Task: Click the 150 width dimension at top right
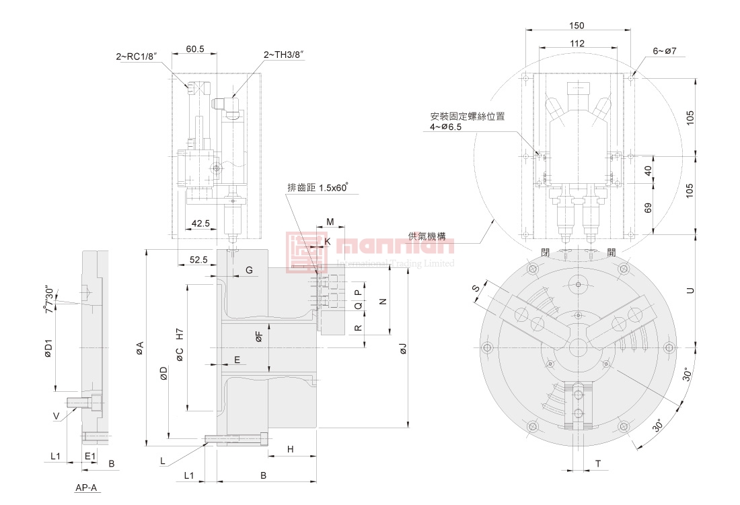pos(577,26)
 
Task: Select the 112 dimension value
pos(577,43)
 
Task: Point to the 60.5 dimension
pos(195,50)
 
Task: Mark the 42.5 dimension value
pos(200,223)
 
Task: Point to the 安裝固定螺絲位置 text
pos(467,116)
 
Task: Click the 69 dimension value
pos(649,208)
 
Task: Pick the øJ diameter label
pos(402,348)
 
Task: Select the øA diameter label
pos(140,348)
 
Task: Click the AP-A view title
pos(85,487)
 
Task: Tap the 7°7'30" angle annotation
pos(48,300)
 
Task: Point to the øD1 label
pos(48,349)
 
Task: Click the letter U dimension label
pos(689,291)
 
